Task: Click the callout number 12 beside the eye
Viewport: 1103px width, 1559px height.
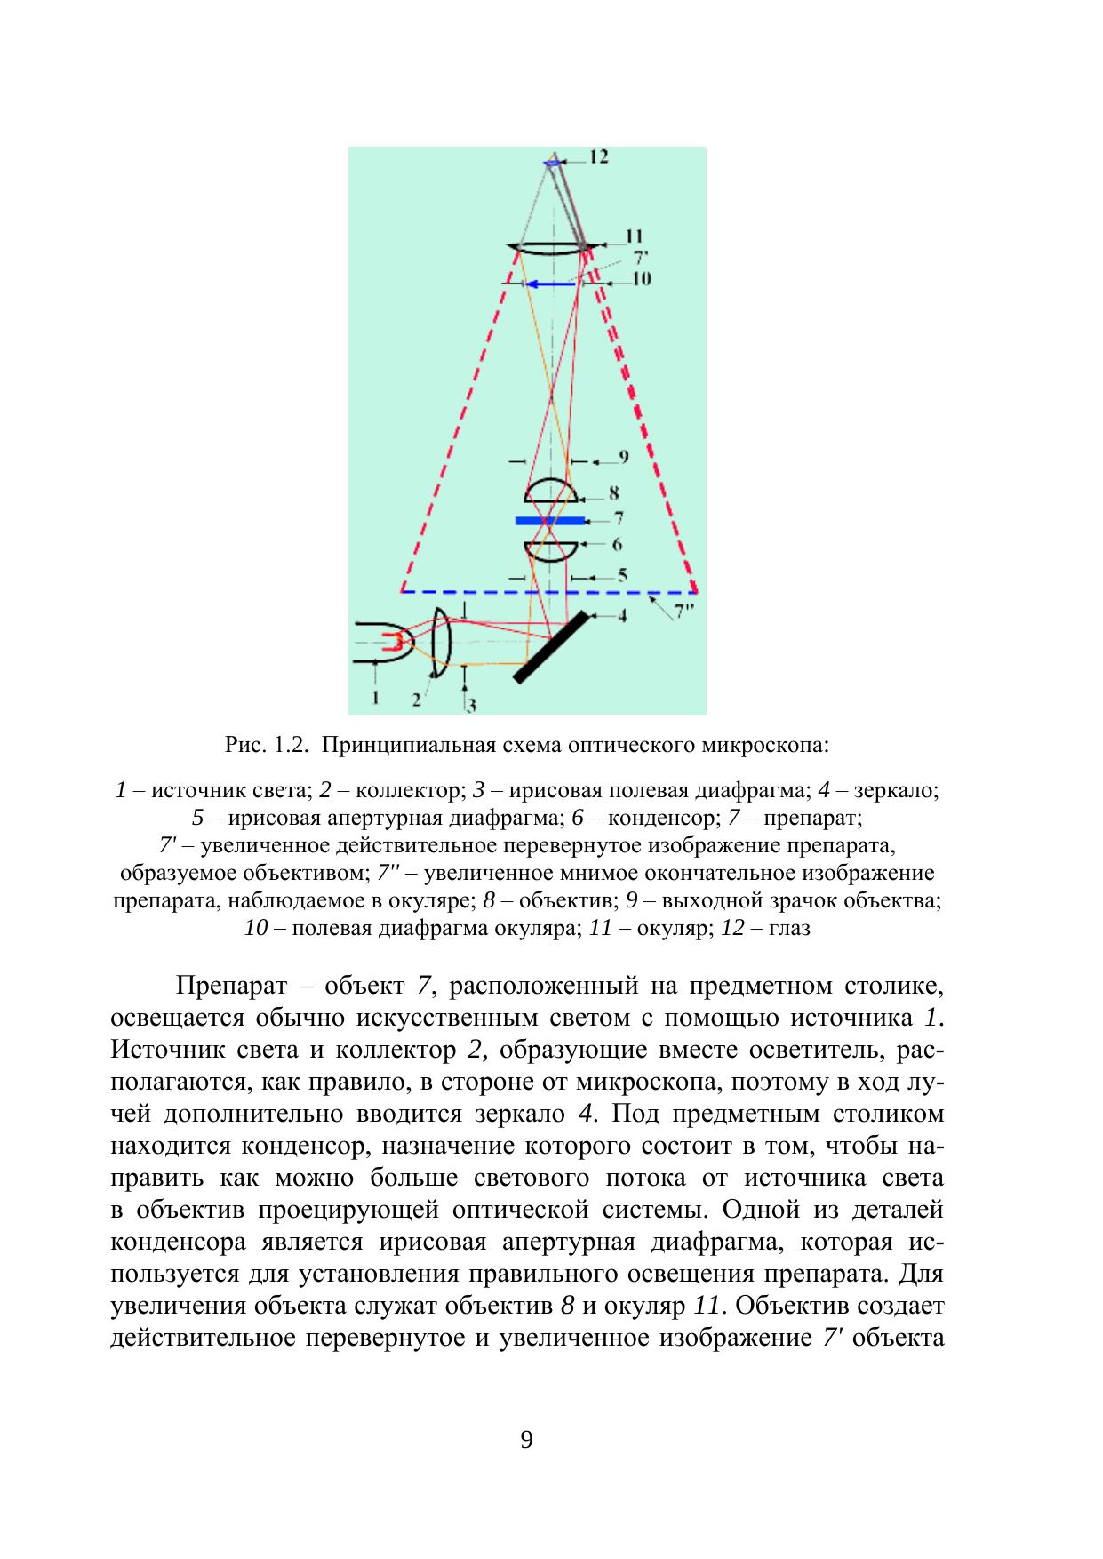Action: (x=598, y=156)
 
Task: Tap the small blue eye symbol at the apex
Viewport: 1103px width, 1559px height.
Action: (x=552, y=162)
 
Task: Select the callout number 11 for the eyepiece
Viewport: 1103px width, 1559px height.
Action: (x=633, y=236)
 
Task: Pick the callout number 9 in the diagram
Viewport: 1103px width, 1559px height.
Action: (x=623, y=457)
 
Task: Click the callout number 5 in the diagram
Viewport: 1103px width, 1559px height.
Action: (x=622, y=575)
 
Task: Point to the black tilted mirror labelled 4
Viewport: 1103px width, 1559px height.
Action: (x=551, y=646)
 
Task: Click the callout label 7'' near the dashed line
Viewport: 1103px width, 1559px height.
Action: (x=684, y=611)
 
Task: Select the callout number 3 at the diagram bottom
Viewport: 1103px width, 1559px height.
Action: (x=471, y=706)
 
